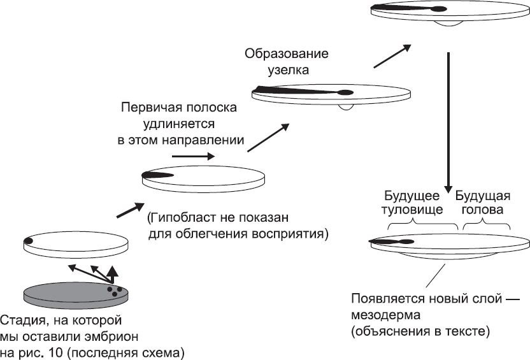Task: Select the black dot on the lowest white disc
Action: click(29, 240)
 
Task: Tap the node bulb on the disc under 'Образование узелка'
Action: click(345, 92)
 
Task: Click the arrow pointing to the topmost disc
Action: click(391, 55)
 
